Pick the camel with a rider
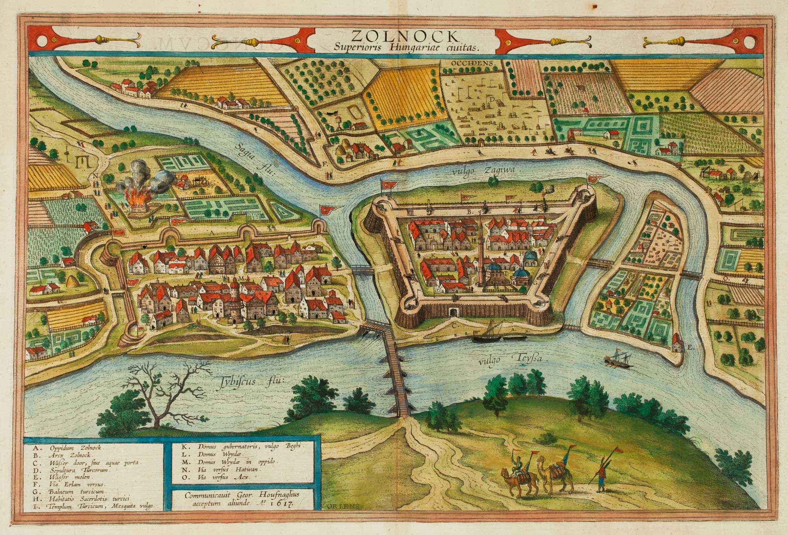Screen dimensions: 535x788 517,481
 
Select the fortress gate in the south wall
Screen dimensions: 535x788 453,313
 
